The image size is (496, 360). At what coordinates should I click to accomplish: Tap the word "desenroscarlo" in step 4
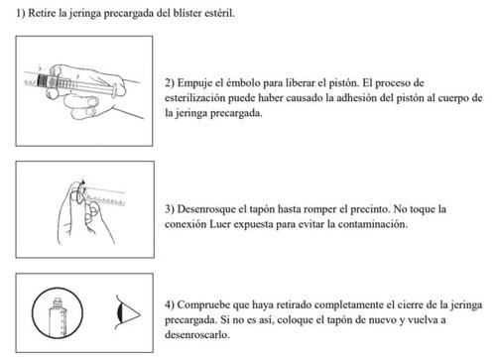196,334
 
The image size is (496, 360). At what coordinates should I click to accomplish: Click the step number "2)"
170,82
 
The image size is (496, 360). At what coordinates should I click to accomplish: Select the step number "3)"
170,209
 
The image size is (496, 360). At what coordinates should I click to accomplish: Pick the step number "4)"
170,304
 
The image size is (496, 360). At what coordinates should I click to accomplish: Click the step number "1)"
21,13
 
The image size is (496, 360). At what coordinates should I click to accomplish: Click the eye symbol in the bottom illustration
127,312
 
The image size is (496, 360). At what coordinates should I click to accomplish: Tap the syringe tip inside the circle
58,301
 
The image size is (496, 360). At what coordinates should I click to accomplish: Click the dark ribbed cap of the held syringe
43,80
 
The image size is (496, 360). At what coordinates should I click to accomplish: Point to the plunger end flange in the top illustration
114,90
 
